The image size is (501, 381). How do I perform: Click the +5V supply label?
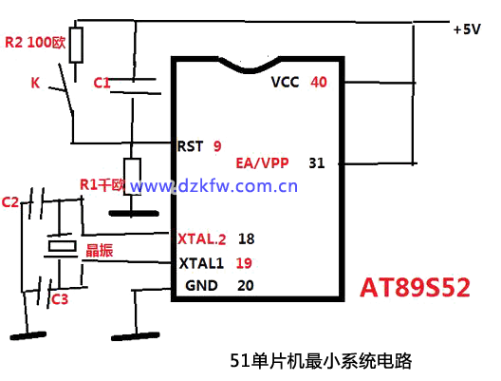coord(467,29)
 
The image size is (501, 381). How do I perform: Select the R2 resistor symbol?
coord(76,45)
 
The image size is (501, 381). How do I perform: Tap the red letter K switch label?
coord(35,83)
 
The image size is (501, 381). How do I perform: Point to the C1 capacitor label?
coord(102,83)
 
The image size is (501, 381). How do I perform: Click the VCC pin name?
coord(285,83)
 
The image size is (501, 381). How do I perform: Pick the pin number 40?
coord(319,83)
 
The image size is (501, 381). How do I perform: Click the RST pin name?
coord(190,146)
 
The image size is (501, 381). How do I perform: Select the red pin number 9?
coord(217,146)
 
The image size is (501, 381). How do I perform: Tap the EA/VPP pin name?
coord(262,163)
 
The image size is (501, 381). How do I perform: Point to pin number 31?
coord(317,163)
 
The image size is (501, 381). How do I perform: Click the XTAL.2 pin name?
coord(201,239)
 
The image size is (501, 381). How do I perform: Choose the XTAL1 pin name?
coord(201,263)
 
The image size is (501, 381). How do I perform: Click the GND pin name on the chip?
coord(201,285)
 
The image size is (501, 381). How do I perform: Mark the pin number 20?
coord(246,285)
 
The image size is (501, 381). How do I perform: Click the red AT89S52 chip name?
coord(415,288)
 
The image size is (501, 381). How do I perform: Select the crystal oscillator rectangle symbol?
coord(63,246)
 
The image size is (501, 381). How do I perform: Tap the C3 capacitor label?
coord(60,299)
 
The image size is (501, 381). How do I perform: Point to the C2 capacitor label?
coord(10,202)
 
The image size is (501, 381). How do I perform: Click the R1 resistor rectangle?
coord(132,177)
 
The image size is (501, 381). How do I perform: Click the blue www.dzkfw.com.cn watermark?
coord(213,186)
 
